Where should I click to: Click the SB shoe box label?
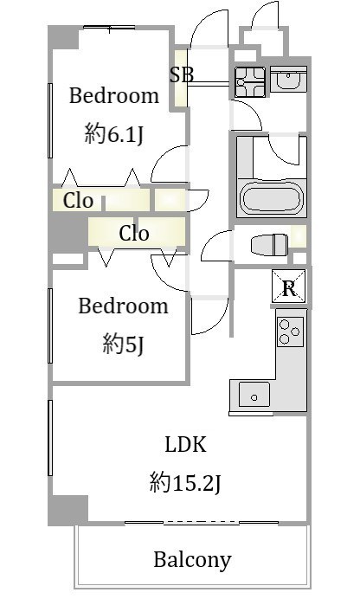click(182, 74)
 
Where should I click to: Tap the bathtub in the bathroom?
click(271, 198)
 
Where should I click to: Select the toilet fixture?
click(269, 245)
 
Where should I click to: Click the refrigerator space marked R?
click(289, 287)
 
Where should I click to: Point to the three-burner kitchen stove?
click(290, 332)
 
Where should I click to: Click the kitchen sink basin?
click(254, 394)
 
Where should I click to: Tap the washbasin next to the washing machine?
click(288, 79)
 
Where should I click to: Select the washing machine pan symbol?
click(250, 81)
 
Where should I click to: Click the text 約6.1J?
click(113, 134)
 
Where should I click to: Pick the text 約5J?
click(123, 345)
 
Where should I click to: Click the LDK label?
click(185, 444)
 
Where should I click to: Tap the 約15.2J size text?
click(185, 482)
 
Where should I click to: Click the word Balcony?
click(192, 560)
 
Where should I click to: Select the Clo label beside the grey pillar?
click(78, 200)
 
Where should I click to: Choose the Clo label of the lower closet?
click(133, 233)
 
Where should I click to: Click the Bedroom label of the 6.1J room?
click(113, 95)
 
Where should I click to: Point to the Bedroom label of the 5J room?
click(123, 306)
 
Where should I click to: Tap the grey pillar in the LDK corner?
click(68, 510)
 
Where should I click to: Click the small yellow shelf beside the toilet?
click(299, 236)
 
